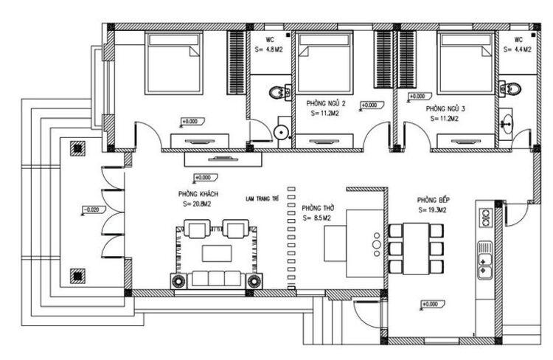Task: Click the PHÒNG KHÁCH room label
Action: pos(193,193)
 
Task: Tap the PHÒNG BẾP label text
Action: pos(433,199)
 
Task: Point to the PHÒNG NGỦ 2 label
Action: pos(326,104)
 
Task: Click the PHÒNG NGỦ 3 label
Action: pos(445,108)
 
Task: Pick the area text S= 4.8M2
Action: pos(269,49)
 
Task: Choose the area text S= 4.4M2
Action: pos(518,49)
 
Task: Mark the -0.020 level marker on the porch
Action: pos(91,210)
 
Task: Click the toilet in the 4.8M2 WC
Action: pos(278,93)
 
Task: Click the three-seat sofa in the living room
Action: pos(217,279)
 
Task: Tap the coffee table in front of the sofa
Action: pos(217,253)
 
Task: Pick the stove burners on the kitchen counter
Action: pos(487,217)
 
